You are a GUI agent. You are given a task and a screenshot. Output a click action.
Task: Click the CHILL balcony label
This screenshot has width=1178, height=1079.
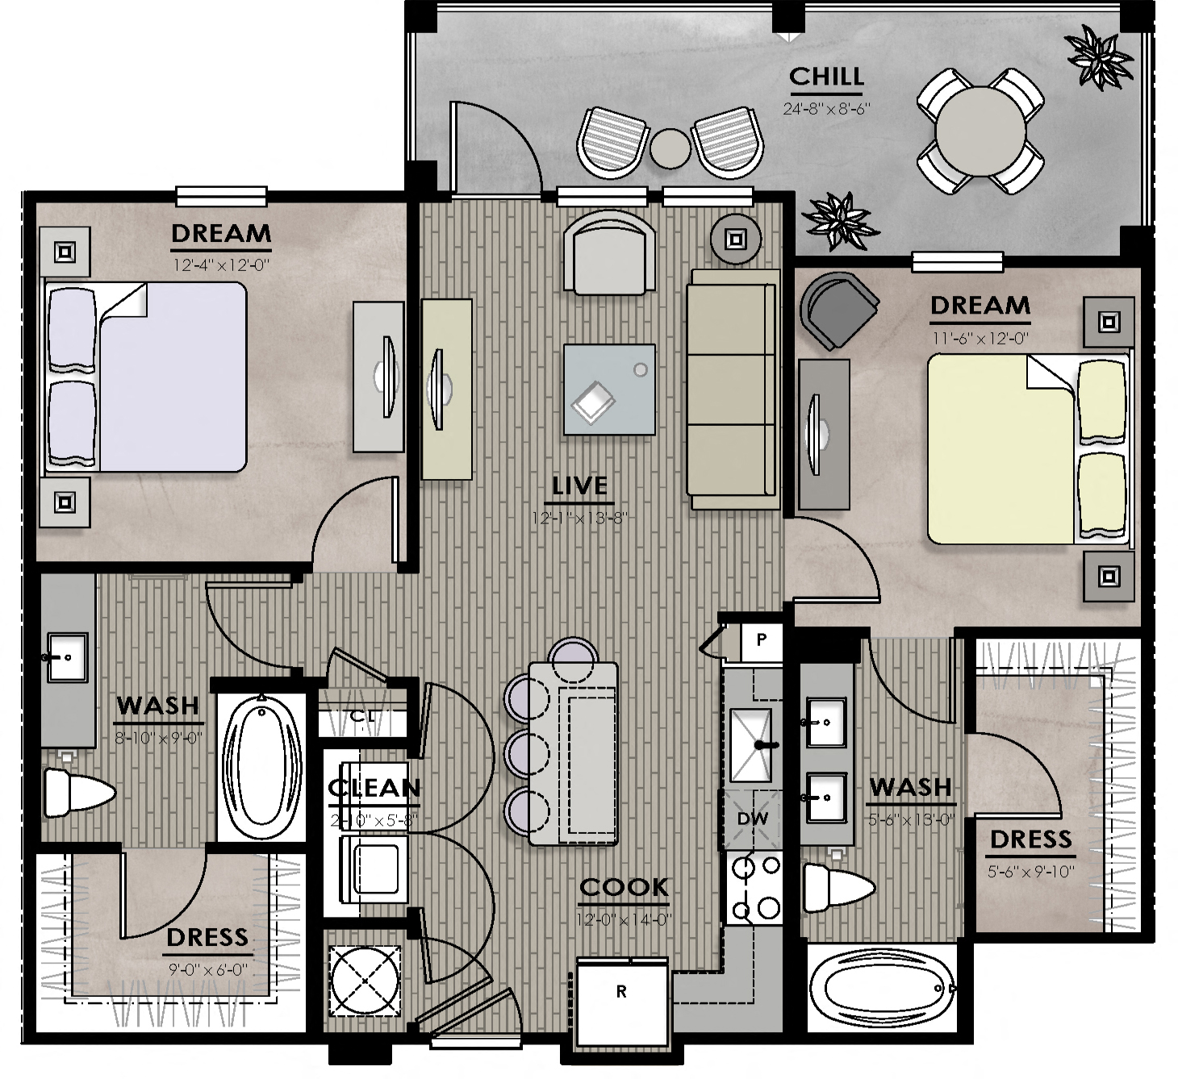click(x=826, y=77)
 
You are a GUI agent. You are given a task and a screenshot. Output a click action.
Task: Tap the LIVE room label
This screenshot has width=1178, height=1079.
click(x=579, y=486)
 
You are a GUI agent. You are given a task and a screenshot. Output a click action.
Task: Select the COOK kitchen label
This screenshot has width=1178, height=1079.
click(x=624, y=887)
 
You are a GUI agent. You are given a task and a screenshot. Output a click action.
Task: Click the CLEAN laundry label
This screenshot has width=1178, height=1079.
click(x=374, y=788)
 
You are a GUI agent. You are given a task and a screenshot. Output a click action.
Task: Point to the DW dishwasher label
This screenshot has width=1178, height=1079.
click(x=752, y=819)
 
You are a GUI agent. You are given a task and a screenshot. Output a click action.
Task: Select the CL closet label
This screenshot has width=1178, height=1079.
click(x=362, y=715)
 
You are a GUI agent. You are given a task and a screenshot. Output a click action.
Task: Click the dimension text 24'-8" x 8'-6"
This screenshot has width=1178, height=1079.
click(x=826, y=108)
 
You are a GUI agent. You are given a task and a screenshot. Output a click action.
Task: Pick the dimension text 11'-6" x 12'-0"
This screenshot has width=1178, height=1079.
click(x=980, y=338)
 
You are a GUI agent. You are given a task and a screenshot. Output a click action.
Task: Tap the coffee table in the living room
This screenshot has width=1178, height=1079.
click(x=609, y=390)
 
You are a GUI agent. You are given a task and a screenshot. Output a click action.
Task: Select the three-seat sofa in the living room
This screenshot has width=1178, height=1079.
click(x=733, y=390)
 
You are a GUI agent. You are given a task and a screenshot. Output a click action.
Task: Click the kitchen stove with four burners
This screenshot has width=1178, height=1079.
click(x=754, y=889)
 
